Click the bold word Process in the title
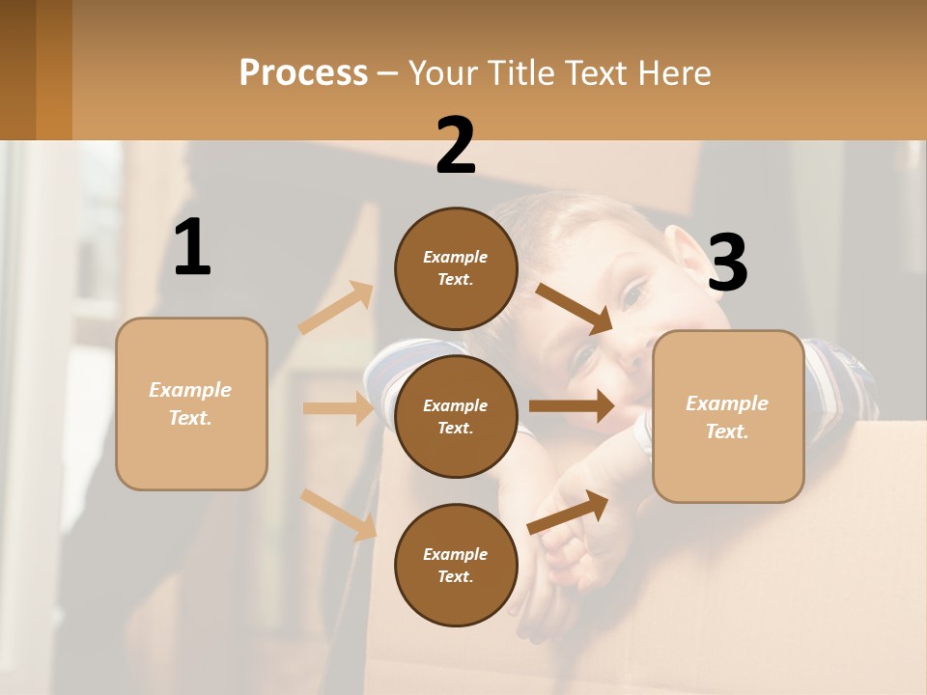(x=303, y=72)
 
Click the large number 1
(x=192, y=247)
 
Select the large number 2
(x=456, y=145)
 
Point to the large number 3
(x=727, y=263)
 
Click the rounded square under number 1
(x=191, y=403)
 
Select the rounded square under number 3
(x=728, y=417)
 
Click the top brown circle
(x=456, y=268)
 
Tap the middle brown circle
(x=456, y=416)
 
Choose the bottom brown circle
(x=456, y=565)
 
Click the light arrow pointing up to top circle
(x=336, y=307)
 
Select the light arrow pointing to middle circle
(x=338, y=408)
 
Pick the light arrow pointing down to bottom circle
(x=339, y=514)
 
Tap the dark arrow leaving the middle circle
(x=572, y=406)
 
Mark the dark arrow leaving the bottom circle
(x=568, y=512)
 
